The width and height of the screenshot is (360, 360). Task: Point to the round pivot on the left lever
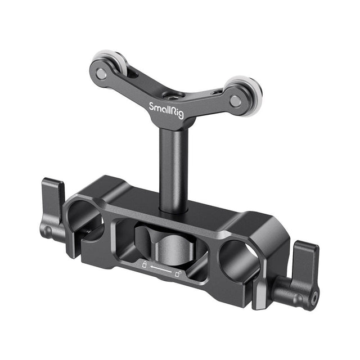pyautogui.click(x=47, y=231)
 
